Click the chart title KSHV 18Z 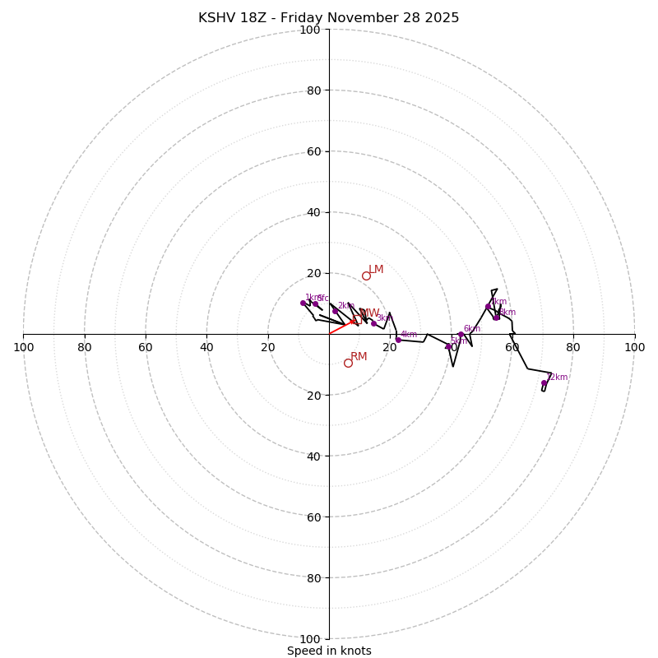(x=328, y=18)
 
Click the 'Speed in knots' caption (x=329, y=651)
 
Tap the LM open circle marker (x=366, y=276)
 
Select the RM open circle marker (x=348, y=363)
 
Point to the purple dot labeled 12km (x=544, y=382)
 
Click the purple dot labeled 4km (x=398, y=340)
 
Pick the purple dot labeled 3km (x=373, y=323)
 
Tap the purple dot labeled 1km (x=303, y=303)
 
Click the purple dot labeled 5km (x=448, y=346)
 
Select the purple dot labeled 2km (x=335, y=311)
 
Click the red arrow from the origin (x=342, y=327)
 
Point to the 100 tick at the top (x=310, y=30)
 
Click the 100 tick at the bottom (x=310, y=639)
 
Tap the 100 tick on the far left (x=24, y=347)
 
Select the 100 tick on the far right (x=634, y=347)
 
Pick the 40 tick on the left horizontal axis (x=206, y=347)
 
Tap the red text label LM (x=376, y=270)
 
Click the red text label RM (x=359, y=357)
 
